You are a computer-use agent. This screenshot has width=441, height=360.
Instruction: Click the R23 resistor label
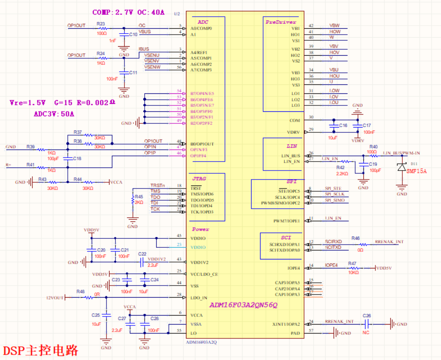[x=101, y=24]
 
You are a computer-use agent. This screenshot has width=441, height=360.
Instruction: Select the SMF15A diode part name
[x=416, y=171]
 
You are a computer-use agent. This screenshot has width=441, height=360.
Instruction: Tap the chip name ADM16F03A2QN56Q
[x=243, y=305]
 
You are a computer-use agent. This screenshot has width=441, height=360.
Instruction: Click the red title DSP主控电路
[x=41, y=350]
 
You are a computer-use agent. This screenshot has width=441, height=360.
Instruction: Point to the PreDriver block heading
[x=281, y=22]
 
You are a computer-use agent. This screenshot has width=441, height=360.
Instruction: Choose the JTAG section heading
[x=198, y=178]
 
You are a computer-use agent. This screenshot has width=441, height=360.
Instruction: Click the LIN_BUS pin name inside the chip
[x=290, y=156]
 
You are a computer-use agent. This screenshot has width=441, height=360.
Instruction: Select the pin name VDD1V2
[x=200, y=262]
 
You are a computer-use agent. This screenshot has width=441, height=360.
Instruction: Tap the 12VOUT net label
[x=56, y=297]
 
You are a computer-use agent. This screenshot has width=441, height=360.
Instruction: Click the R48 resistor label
[x=80, y=292]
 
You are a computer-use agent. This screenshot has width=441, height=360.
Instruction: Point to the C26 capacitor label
[x=366, y=316]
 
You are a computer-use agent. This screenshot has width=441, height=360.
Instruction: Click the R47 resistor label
[x=352, y=263]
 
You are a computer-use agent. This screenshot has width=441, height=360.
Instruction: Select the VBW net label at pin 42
[x=335, y=26]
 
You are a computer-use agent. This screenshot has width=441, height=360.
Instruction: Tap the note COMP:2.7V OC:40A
[x=128, y=13]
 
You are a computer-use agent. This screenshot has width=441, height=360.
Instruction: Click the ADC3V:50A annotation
[x=54, y=114]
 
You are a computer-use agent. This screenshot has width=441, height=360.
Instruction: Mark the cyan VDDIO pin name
[x=198, y=247]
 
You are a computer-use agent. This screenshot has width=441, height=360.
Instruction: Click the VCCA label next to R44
[x=116, y=182]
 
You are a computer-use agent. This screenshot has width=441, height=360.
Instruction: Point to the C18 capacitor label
[x=77, y=158]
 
